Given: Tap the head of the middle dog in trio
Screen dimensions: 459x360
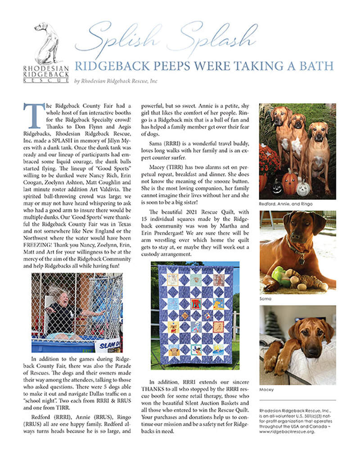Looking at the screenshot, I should coord(298,122).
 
